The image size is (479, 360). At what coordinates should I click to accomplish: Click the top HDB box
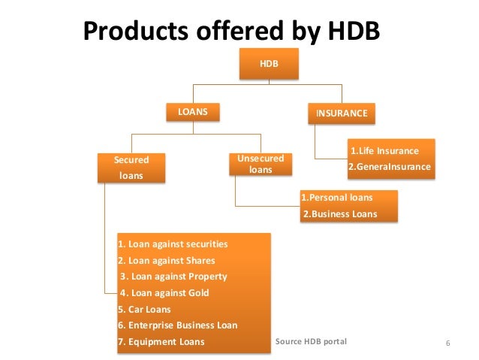[x=269, y=65]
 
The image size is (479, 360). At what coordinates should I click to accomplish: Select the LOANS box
[x=192, y=113]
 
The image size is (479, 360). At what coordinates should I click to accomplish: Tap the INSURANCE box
[x=342, y=113]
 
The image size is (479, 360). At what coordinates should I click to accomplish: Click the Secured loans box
[x=131, y=168]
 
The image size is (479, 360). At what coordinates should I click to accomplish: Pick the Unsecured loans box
[x=260, y=165]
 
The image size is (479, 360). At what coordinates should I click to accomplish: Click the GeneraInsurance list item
[x=390, y=167]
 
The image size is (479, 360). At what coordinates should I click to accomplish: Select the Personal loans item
[x=337, y=198]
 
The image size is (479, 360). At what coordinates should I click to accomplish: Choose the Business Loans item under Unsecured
[x=339, y=214]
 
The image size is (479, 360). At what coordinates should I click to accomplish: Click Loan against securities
[x=173, y=244]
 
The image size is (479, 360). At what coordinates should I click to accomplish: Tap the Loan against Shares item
[x=167, y=261]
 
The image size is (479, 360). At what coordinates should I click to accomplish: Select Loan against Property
[x=173, y=277]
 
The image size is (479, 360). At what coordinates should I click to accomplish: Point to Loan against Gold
[x=164, y=293]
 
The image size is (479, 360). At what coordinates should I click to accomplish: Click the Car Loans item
[x=145, y=309]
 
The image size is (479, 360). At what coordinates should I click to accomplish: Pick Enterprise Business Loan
[x=179, y=325]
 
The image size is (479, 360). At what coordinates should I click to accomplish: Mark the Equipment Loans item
[x=161, y=342]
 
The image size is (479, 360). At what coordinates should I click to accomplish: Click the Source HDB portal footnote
[x=311, y=341]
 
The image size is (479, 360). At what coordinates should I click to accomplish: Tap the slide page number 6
[x=447, y=343]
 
